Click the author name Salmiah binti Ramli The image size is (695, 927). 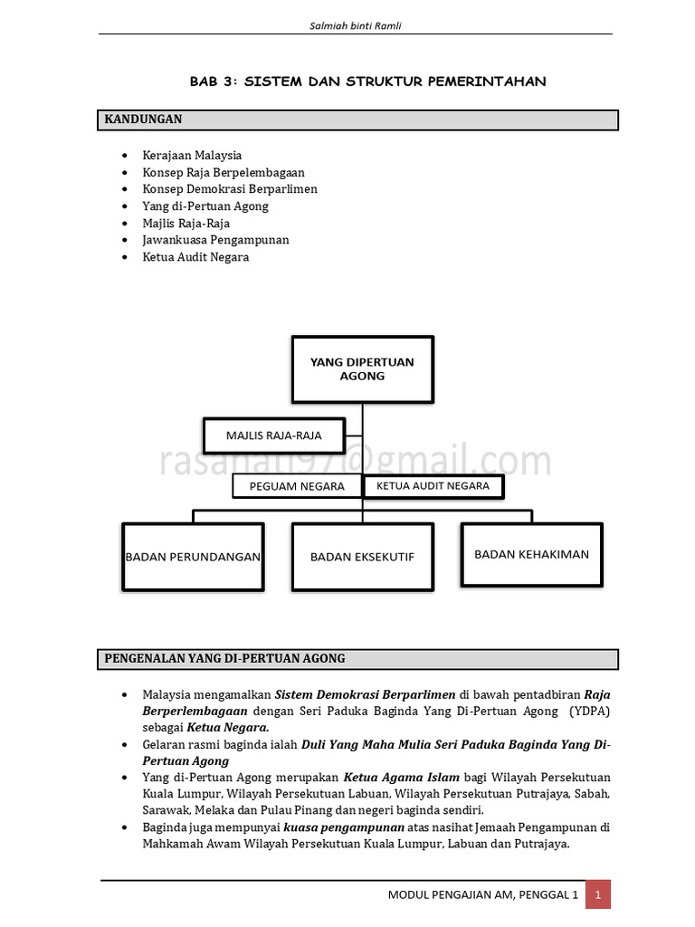tap(355, 25)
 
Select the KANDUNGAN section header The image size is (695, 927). tap(144, 119)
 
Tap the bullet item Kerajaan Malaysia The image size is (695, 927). tap(192, 156)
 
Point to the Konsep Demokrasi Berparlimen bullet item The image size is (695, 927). tap(230, 189)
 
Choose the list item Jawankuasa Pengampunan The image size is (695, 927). tap(215, 240)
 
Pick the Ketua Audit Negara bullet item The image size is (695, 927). tap(195, 257)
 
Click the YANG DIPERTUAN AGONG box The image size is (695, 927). tap(362, 369)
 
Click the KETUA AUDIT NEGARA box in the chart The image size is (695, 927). tap(433, 486)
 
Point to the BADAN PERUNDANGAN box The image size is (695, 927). tap(193, 557)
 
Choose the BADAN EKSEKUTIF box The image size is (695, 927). tap(362, 557)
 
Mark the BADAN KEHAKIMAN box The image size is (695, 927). tap(531, 554)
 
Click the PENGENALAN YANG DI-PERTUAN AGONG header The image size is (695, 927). tap(225, 659)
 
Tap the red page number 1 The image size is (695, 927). tap(597, 894)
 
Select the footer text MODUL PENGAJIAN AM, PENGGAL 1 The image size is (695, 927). tap(482, 894)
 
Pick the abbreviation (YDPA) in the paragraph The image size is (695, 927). tap(590, 712)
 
